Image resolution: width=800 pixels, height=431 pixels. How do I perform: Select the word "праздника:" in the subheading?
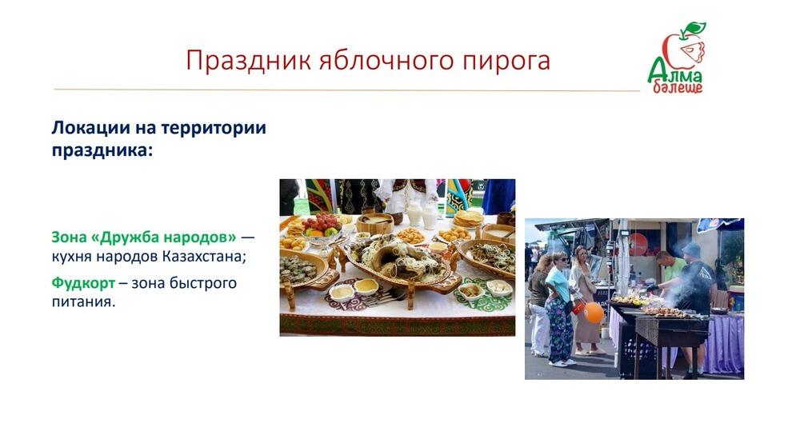click(101, 150)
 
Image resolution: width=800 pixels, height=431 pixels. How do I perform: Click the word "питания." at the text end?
click(84, 303)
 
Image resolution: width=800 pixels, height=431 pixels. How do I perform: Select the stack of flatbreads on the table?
click(469, 217)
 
